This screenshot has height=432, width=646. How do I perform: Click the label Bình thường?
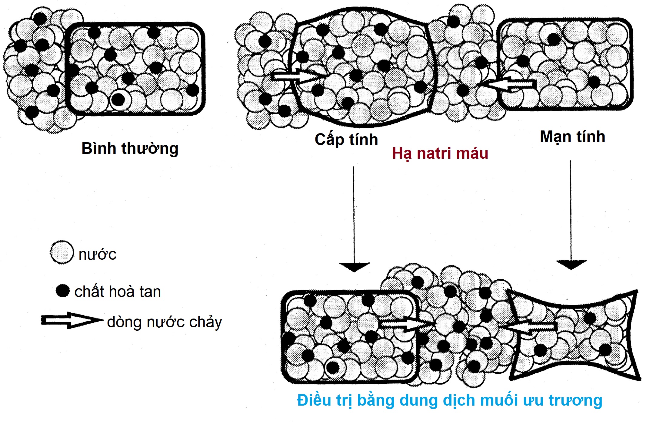coord(130,149)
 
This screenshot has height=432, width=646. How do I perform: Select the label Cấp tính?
coord(346,140)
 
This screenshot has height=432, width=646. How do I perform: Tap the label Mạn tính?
coord(572,137)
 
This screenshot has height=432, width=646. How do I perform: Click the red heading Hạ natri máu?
coord(440,154)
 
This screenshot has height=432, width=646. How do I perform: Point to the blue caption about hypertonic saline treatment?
coord(449,400)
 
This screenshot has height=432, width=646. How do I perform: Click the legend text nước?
coord(97,254)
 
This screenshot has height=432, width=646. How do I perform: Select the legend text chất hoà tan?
coord(118,292)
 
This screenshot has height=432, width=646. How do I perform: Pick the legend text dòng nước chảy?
coord(164,322)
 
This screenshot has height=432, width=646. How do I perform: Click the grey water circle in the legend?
coord(62,252)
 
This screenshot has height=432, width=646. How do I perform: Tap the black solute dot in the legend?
coord(63,291)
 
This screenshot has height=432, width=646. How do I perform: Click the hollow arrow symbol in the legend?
coord(71,320)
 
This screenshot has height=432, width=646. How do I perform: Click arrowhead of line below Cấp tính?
coord(354,267)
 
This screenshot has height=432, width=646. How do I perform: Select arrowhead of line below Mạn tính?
coord(571,265)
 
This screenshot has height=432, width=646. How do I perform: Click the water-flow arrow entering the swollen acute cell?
coord(298,75)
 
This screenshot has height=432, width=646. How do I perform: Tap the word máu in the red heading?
coord(471,154)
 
